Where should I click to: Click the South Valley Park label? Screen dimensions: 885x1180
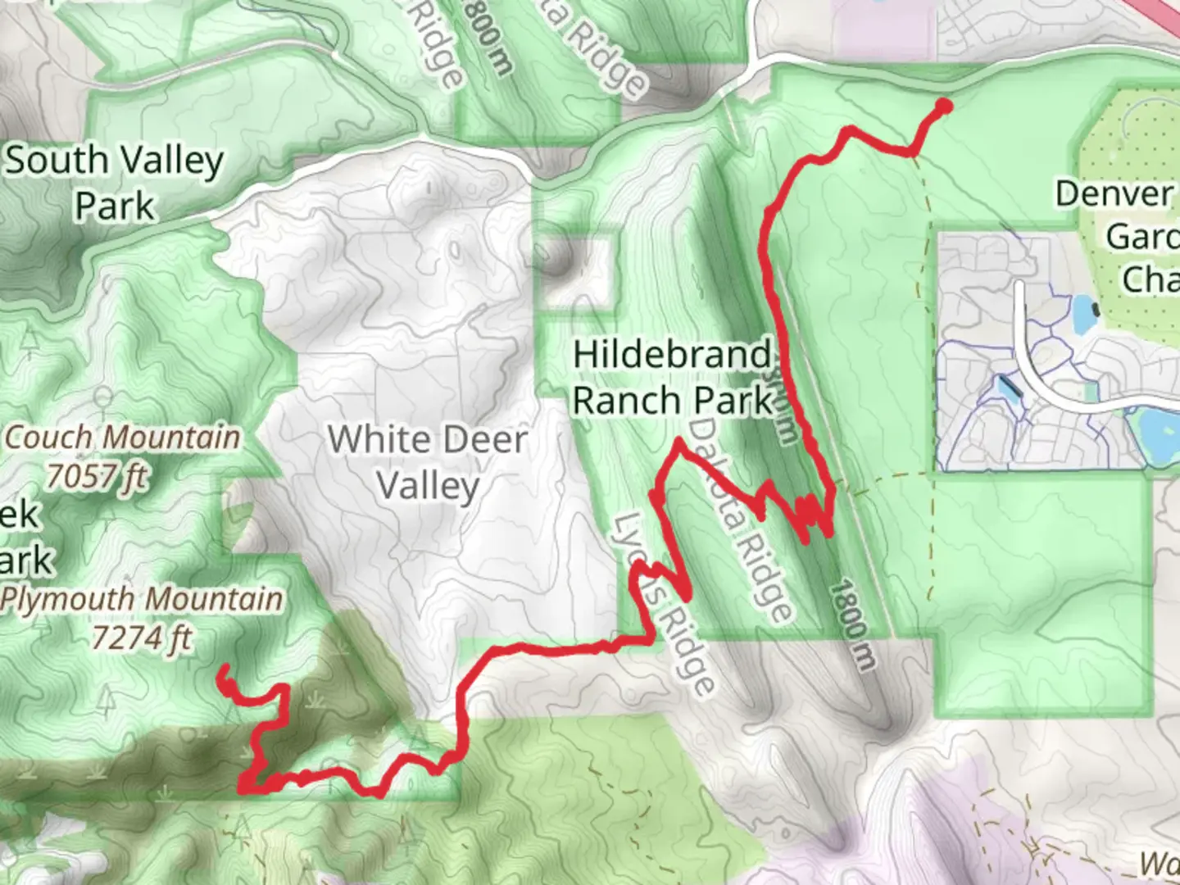tap(115, 183)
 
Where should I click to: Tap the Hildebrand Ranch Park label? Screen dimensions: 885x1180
tap(672, 378)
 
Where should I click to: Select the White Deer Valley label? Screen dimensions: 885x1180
tap(427, 462)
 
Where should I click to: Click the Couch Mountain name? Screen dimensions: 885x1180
tap(123, 438)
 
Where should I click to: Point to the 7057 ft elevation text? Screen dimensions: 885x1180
tap(97, 476)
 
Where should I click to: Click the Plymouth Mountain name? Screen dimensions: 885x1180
tap(142, 599)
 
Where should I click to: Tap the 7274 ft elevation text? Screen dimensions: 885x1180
tap(141, 638)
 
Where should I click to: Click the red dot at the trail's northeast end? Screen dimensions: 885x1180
tap(943, 106)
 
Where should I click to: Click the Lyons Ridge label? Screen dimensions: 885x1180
tap(665, 603)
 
